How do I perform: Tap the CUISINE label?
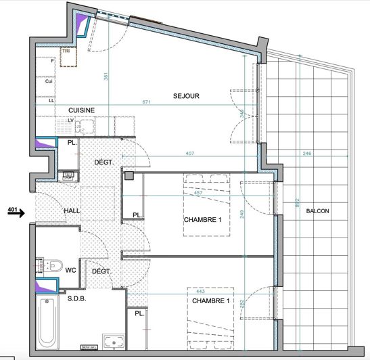(80, 110)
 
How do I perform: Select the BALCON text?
(317, 211)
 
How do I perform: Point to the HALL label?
(72, 211)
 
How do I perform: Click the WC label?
(70, 270)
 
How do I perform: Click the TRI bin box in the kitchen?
(67, 57)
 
